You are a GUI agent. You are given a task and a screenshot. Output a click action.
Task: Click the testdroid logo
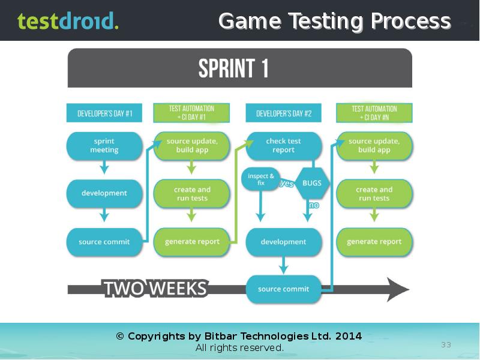click(x=68, y=20)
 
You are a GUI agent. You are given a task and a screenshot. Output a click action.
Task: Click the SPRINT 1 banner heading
click(x=233, y=68)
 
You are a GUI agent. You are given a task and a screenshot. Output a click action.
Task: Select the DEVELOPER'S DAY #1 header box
click(x=104, y=113)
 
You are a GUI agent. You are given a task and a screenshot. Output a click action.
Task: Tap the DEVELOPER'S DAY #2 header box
click(x=283, y=113)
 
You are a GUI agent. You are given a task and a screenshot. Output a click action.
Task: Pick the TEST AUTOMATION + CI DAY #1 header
click(x=191, y=113)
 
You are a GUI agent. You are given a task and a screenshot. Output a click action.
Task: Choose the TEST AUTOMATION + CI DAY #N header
click(x=374, y=113)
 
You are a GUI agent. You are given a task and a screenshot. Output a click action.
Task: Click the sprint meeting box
click(x=104, y=146)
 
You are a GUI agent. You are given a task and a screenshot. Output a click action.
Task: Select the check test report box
click(x=283, y=146)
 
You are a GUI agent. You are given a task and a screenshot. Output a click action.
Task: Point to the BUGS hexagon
click(x=312, y=183)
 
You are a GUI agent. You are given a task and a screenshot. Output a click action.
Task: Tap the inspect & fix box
click(x=260, y=179)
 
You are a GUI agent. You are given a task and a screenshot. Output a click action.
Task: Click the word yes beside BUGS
click(x=287, y=183)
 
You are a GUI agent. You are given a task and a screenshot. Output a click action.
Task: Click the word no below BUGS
click(x=314, y=205)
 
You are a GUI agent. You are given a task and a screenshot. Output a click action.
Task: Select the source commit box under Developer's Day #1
click(x=104, y=242)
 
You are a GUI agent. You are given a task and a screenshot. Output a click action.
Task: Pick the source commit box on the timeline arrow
click(x=283, y=289)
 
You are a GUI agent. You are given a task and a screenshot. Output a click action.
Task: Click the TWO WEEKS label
click(x=156, y=289)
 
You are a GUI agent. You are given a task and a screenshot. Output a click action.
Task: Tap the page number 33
click(x=446, y=344)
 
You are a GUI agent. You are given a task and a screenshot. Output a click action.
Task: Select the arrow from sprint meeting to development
click(x=104, y=167)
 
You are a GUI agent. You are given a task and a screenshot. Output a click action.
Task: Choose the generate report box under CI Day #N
click(x=374, y=242)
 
